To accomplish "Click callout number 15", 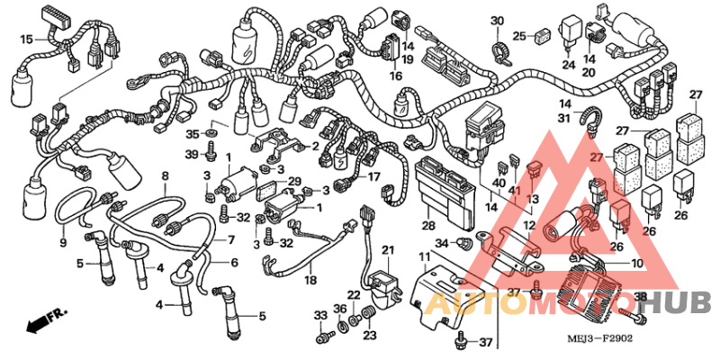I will [x=26, y=39].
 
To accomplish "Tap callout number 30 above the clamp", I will [x=497, y=21].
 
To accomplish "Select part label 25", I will [x=519, y=36].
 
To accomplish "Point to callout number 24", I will [x=568, y=65].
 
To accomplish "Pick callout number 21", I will [x=387, y=249].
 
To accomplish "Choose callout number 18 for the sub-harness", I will [x=310, y=281].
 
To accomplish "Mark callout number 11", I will [x=424, y=258].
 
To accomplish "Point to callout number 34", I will [x=441, y=243].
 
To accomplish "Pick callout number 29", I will [x=295, y=182].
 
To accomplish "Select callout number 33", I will [x=319, y=314].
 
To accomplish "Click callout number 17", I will [x=374, y=177].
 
